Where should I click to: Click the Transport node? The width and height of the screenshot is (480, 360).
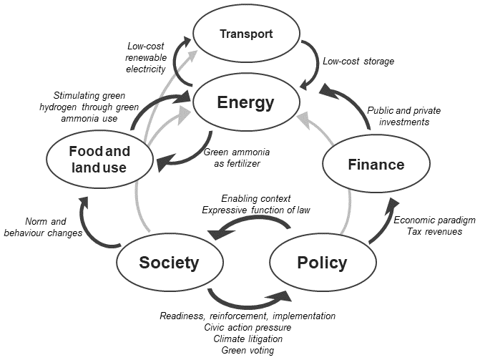point(246,34)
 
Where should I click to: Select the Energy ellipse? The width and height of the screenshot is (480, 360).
point(246,102)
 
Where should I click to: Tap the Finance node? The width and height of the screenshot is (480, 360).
point(376,165)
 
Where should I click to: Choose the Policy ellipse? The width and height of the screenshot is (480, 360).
point(321,263)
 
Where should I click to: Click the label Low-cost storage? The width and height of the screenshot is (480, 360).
point(358,62)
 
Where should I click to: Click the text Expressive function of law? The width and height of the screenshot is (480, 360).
point(256,209)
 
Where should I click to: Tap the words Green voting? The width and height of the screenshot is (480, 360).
point(248,350)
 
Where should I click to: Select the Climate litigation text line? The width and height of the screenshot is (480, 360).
point(248,339)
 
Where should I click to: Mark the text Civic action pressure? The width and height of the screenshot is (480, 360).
point(248,327)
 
